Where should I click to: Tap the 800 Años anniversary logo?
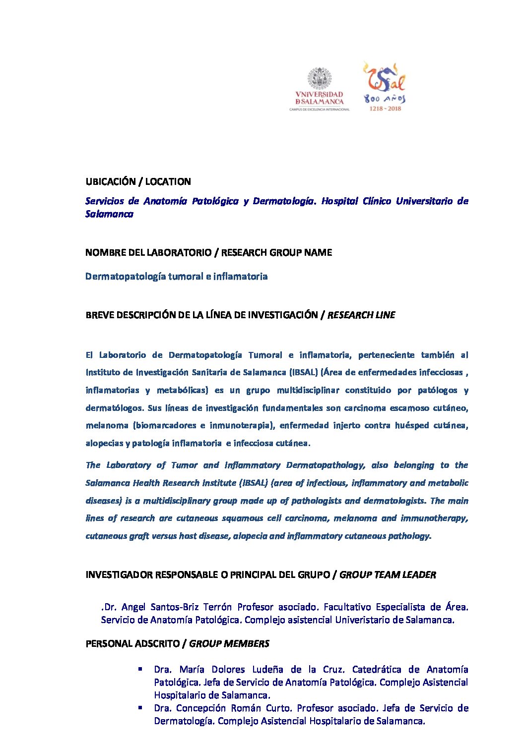tap(384, 86)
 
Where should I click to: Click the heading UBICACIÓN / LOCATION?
tap(138, 181)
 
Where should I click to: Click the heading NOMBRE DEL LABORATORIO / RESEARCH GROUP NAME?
tap(208, 252)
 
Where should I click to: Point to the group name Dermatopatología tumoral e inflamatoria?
tap(176, 276)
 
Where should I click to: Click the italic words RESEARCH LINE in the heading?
tap(361, 315)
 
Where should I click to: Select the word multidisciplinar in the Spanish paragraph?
tap(308, 390)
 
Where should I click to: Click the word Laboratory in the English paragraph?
tap(129, 465)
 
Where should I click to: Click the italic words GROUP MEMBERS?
tap(229, 643)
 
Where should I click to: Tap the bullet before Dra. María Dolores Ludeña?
tap(141, 669)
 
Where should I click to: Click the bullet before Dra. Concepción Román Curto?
tap(141, 707)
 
